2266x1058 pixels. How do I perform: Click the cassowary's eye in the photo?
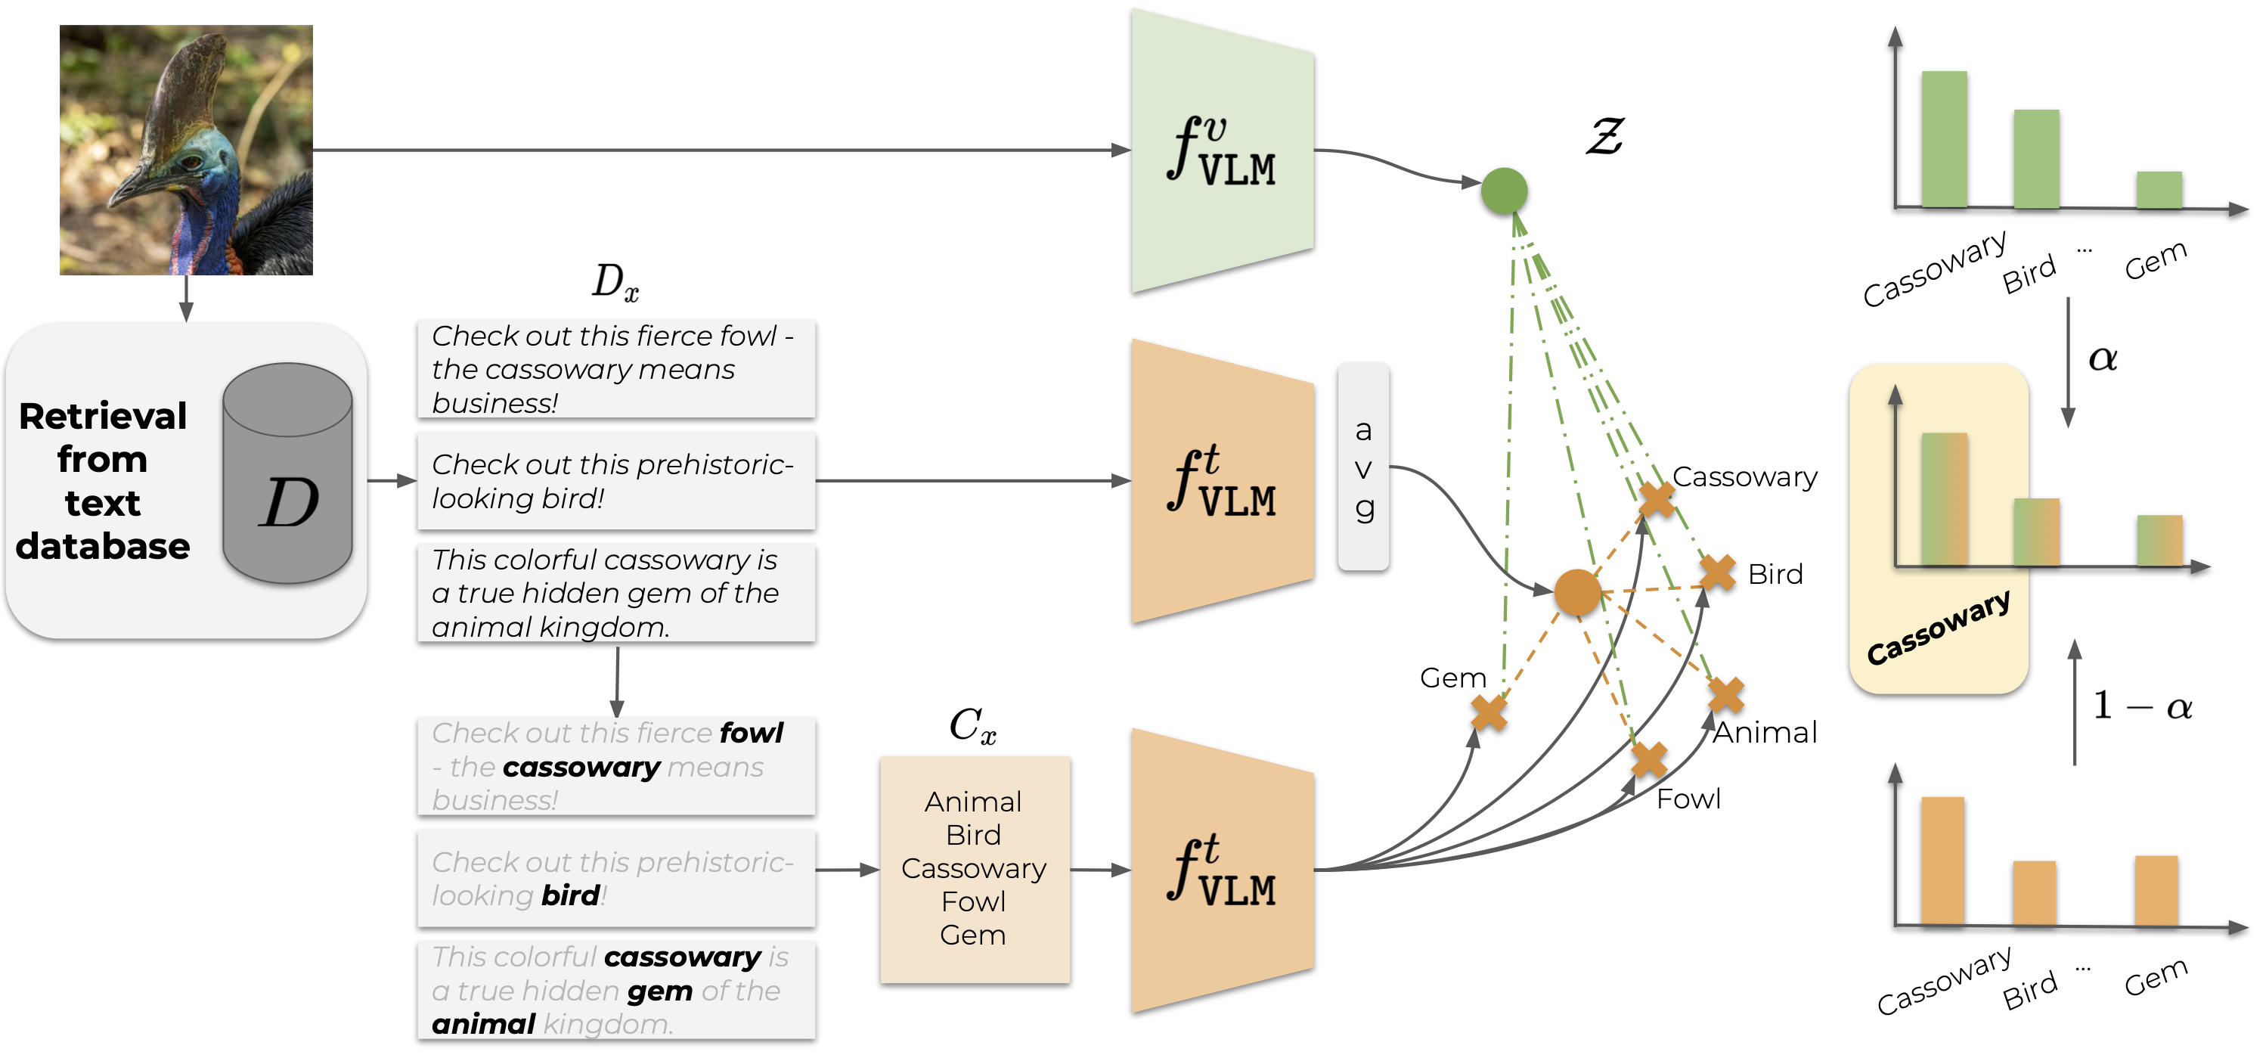click(188, 162)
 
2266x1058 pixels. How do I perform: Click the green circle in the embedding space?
click(1503, 191)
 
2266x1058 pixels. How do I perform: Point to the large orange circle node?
click(1576, 591)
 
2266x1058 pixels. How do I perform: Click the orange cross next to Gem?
click(1489, 713)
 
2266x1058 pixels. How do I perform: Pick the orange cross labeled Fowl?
click(1648, 759)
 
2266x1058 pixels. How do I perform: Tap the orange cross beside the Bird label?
click(1717, 573)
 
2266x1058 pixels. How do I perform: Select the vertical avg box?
click(1362, 467)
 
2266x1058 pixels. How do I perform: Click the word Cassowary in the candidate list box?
click(974, 869)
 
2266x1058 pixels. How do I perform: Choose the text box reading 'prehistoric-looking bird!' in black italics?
click(615, 480)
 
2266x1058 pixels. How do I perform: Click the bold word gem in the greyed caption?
click(660, 991)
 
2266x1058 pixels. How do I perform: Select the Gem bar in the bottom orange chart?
click(2156, 890)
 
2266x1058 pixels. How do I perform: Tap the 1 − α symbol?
click(2142, 706)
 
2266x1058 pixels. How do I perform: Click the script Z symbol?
click(1604, 138)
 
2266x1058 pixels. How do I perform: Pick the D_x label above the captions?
click(615, 281)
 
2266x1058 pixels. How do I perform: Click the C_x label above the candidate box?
click(972, 726)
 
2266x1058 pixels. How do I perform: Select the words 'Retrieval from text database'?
click(103, 480)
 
